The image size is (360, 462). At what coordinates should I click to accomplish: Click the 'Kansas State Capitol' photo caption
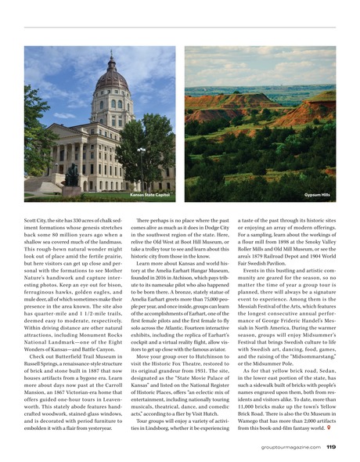click(x=150, y=194)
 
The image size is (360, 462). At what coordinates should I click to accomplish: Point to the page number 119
click(x=330, y=447)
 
